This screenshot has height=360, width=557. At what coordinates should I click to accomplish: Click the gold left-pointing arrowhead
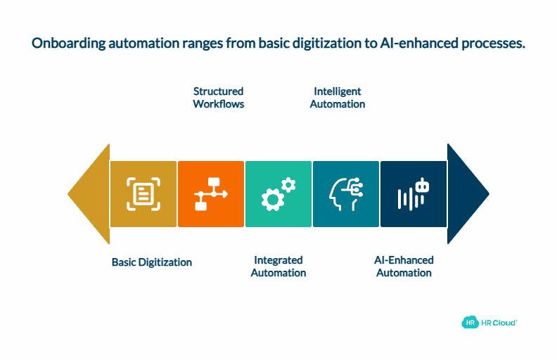point(90,194)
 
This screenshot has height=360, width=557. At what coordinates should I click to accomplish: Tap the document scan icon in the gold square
point(143,194)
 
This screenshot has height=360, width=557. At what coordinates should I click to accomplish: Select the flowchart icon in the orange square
point(210,194)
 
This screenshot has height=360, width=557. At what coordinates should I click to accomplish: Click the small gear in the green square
point(288,185)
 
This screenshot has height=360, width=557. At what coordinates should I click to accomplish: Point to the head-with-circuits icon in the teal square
point(345,194)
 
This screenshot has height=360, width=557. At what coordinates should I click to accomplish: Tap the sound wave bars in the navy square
point(404,199)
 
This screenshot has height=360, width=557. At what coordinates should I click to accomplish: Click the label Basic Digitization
point(152,262)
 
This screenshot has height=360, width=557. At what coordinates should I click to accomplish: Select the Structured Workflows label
point(219,98)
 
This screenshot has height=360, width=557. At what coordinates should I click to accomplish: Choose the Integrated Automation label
point(278,266)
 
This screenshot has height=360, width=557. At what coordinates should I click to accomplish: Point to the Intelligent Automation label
point(338,98)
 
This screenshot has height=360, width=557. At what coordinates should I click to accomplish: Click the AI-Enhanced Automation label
point(404,266)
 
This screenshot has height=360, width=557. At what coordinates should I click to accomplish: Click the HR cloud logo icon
point(469,323)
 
